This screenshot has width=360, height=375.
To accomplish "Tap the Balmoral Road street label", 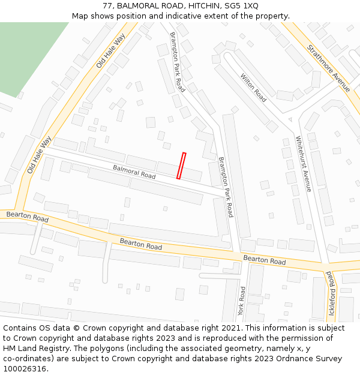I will tap(134, 172).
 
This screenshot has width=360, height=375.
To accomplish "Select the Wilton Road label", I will tap(253, 88).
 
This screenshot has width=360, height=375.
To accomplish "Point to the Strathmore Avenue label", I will tap(328, 68).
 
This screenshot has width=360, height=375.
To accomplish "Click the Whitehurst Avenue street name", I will tap(303, 164).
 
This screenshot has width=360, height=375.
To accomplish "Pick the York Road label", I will tap(242, 301).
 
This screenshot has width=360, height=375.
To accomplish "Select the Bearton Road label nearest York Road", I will tap(264, 260).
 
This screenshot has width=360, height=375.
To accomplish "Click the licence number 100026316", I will tap(25, 369).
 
